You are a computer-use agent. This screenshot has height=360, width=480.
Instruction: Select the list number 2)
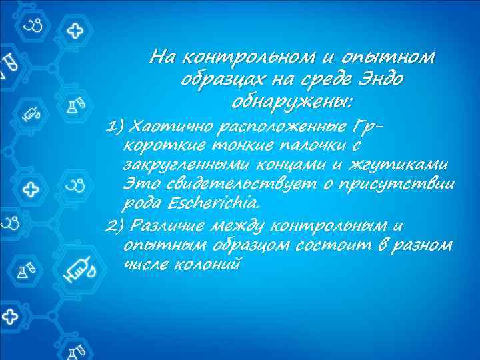tap(116, 225)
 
